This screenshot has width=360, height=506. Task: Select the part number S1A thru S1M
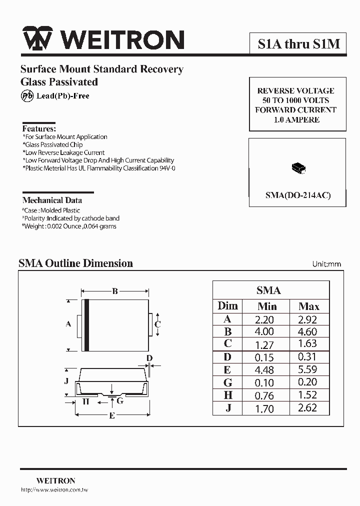click(x=298, y=44)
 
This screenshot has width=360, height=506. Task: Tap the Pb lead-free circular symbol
click(x=26, y=96)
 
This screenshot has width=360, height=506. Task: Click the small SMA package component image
click(x=298, y=169)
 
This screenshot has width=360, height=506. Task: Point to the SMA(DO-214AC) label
click(x=298, y=195)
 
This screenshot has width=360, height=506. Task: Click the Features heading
click(x=39, y=128)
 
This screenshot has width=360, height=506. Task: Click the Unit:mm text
click(x=326, y=263)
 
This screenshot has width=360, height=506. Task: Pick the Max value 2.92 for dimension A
click(x=307, y=319)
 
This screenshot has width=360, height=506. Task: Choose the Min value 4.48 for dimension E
click(x=264, y=370)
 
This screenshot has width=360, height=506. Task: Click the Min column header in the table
click(x=267, y=306)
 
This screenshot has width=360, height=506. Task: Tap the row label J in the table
click(x=228, y=408)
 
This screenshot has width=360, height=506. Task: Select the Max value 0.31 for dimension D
click(x=307, y=357)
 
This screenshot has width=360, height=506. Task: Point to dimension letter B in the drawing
click(x=115, y=291)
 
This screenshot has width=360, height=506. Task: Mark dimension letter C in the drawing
click(x=157, y=324)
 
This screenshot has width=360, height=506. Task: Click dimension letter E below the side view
click(x=112, y=415)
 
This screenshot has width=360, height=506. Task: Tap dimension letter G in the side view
click(x=120, y=400)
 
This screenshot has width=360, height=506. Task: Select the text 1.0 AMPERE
click(x=297, y=120)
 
